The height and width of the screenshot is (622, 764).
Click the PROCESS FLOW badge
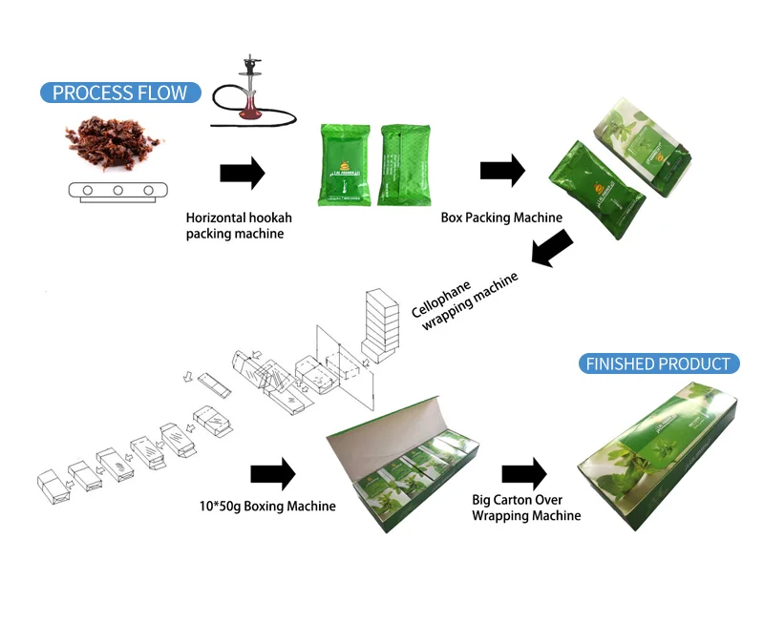tap(120, 93)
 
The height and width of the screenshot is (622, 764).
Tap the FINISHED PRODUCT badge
tap(659, 363)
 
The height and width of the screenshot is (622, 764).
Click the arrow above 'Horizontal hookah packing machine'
tap(242, 174)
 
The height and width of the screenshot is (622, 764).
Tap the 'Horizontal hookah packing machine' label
tap(235, 225)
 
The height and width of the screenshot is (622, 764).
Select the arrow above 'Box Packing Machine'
tap(502, 171)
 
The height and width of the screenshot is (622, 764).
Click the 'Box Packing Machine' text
tap(501, 218)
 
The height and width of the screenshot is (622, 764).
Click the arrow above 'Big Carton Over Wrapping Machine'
tap(524, 472)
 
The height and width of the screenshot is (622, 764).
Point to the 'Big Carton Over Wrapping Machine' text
tap(526, 508)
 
